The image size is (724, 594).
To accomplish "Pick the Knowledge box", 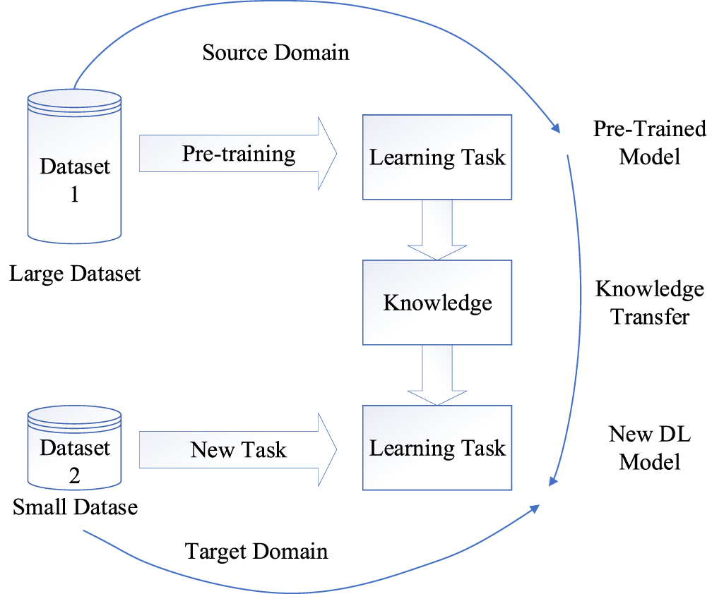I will click(437, 303).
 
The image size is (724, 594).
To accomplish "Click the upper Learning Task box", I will click(437, 156).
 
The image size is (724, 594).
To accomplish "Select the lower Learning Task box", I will click(437, 448).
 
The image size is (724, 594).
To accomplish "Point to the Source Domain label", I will click(275, 53).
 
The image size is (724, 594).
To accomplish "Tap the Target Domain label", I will click(256, 550).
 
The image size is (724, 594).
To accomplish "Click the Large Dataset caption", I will click(75, 273).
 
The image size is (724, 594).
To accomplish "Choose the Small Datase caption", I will click(75, 507).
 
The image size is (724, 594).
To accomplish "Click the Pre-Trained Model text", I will click(649, 142).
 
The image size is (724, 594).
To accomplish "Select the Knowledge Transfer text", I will click(649, 302).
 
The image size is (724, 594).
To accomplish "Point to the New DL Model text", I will click(649, 448).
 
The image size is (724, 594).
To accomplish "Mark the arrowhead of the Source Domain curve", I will click(555, 128).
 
